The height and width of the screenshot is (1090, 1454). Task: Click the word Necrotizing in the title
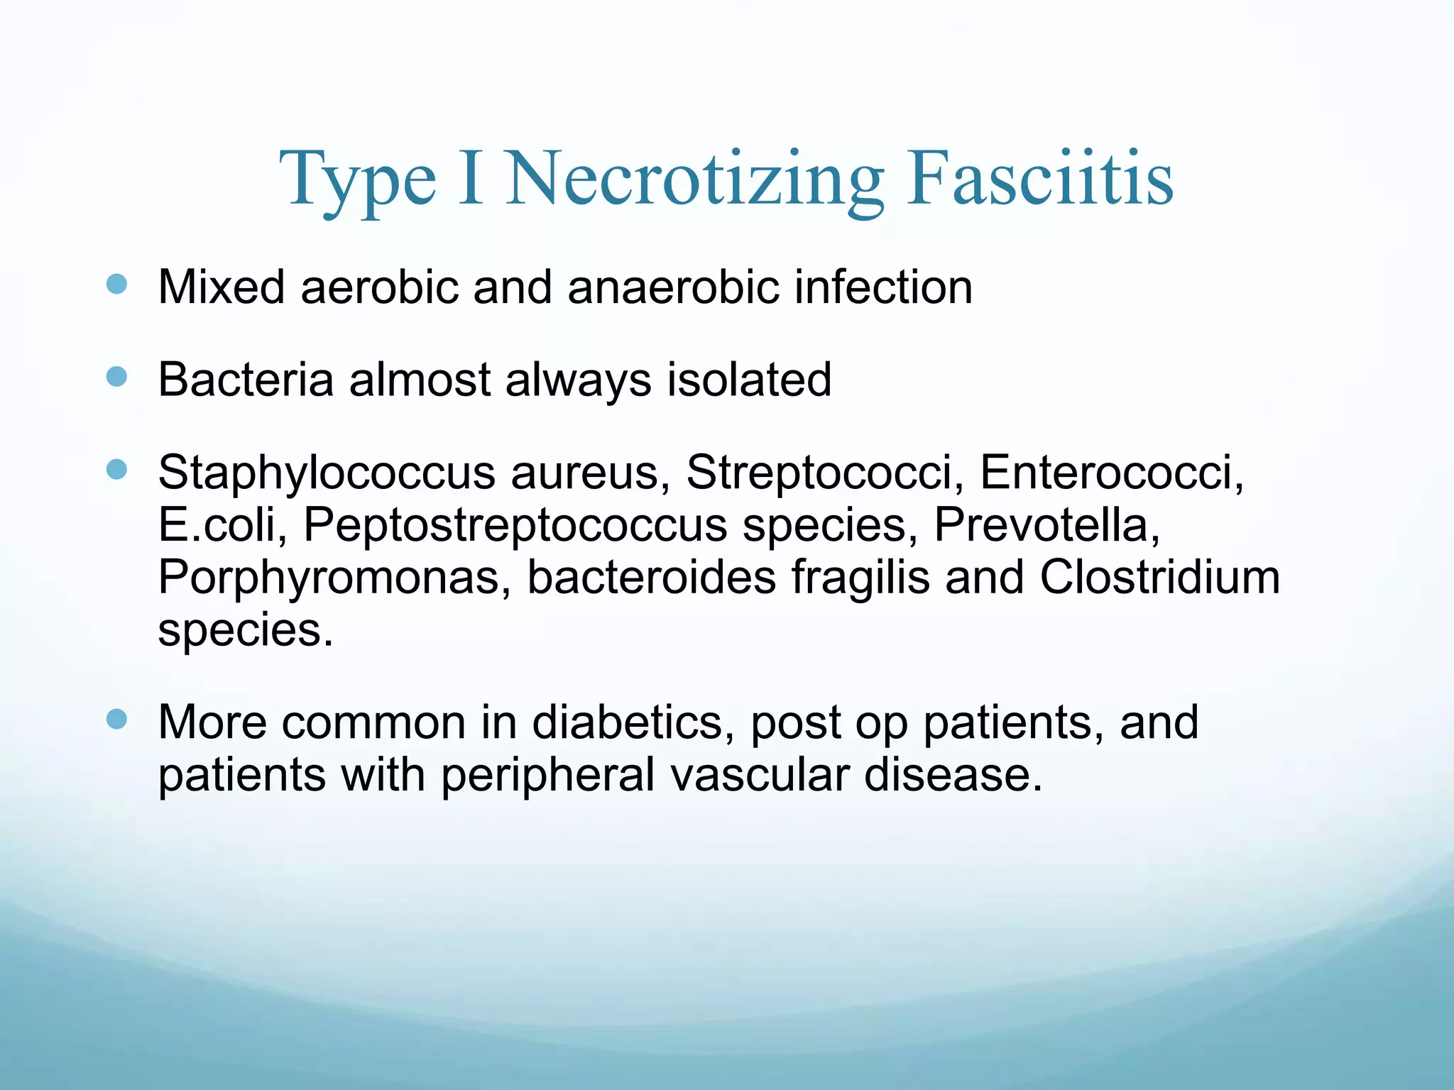694,179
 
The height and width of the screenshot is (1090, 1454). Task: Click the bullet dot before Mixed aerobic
116,285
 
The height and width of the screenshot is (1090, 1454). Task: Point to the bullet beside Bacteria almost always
116,377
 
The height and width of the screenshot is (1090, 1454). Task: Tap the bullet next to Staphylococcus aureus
116,469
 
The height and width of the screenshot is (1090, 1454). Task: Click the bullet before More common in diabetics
116,720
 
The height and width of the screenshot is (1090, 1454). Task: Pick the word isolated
748,380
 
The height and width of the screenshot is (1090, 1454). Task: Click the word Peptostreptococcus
515,526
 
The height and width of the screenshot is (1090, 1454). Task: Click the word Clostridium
1159,577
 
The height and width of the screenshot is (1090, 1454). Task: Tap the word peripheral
548,775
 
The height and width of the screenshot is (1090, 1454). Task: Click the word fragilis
860,578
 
